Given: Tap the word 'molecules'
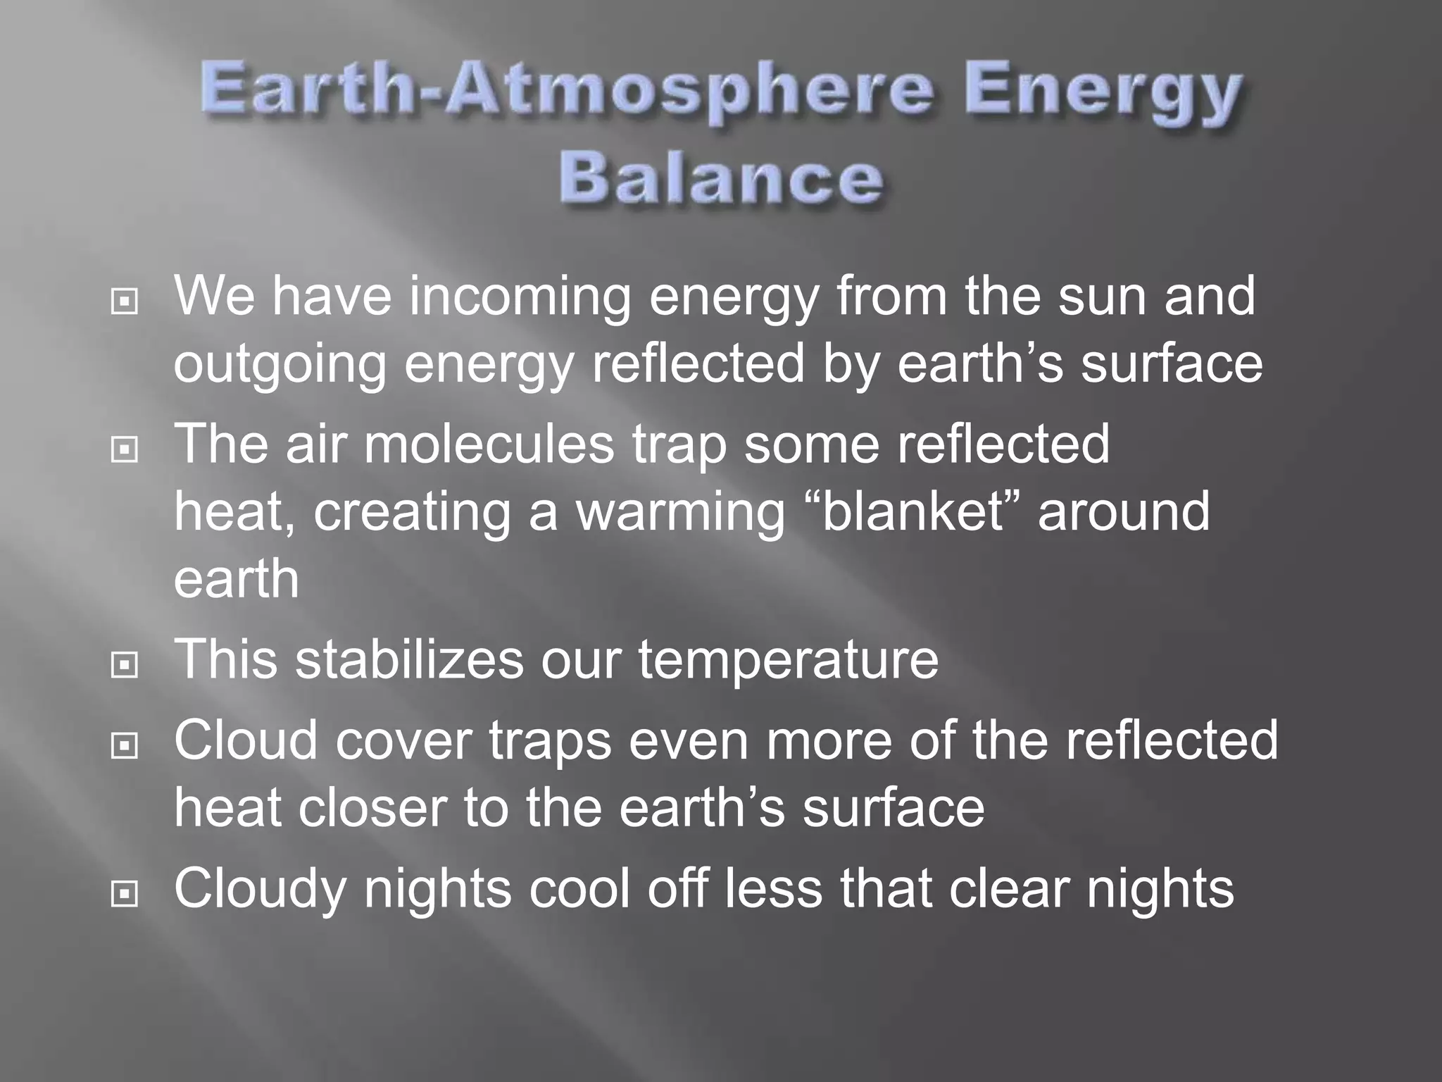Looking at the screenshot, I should [x=489, y=444].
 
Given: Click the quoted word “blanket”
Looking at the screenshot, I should [x=912, y=512].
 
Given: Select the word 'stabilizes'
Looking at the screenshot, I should [x=409, y=659].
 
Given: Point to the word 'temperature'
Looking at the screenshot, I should [x=788, y=659].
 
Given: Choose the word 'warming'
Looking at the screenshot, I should [x=680, y=514].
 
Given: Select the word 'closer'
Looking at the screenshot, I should [x=372, y=808].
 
